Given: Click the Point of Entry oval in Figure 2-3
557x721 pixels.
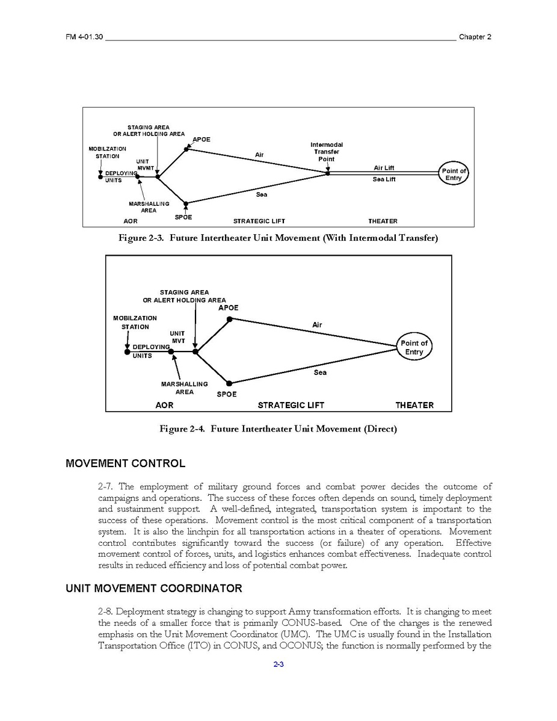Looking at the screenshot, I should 454,175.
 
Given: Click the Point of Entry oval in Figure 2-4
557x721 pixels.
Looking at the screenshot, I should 414,348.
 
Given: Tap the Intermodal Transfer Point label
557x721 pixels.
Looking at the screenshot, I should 327,152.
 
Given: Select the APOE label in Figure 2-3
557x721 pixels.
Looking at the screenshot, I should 202,140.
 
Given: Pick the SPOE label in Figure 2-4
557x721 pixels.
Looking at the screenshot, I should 227,394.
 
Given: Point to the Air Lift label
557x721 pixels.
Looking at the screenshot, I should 384,168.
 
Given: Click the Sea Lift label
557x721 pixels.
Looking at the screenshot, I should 384,179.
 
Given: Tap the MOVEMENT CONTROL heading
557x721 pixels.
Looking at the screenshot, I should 125,463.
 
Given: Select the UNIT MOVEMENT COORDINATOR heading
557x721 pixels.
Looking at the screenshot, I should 153,589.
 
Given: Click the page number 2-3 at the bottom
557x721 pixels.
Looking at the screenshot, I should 278,664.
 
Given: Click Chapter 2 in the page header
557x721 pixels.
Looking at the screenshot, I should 475,37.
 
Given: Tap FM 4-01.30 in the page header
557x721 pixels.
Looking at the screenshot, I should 85,37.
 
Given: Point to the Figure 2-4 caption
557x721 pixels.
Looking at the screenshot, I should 278,429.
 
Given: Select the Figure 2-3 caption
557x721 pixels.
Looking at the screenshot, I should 278,238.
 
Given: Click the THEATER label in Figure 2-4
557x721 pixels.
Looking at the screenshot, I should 414,405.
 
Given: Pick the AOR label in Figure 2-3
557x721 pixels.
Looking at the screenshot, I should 131,221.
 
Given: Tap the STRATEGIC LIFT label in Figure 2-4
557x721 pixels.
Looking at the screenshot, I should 291,405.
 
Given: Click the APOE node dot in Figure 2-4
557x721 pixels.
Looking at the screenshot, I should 229,319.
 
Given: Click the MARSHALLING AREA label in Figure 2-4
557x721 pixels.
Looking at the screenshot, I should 184,388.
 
